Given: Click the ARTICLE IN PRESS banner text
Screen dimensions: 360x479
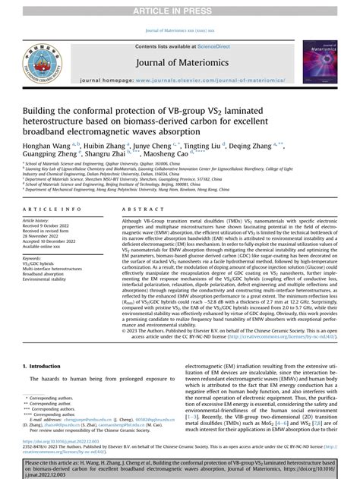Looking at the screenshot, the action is click(x=179, y=8).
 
